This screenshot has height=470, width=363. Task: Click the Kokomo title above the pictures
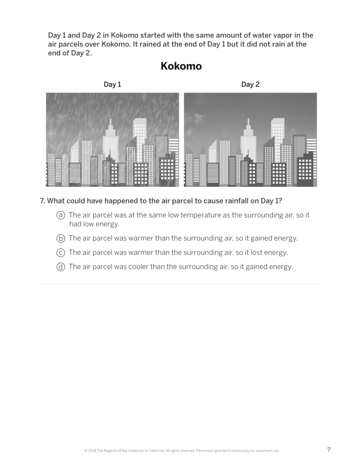pyautogui.click(x=181, y=66)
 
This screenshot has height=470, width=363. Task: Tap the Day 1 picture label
pyautogui.click(x=112, y=85)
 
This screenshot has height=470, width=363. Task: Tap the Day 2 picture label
pyautogui.click(x=250, y=85)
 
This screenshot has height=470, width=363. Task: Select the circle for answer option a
pyautogui.click(x=61, y=215)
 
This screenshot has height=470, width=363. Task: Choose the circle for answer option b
pyautogui.click(x=61, y=238)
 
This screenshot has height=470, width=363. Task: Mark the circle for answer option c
pyautogui.click(x=61, y=253)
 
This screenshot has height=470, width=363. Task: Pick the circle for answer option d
pyautogui.click(x=61, y=267)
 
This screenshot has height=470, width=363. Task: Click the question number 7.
pyautogui.click(x=42, y=201)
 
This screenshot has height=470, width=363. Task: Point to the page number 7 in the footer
pyautogui.click(x=329, y=450)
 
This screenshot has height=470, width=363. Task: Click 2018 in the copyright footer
pyautogui.click(x=92, y=451)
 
